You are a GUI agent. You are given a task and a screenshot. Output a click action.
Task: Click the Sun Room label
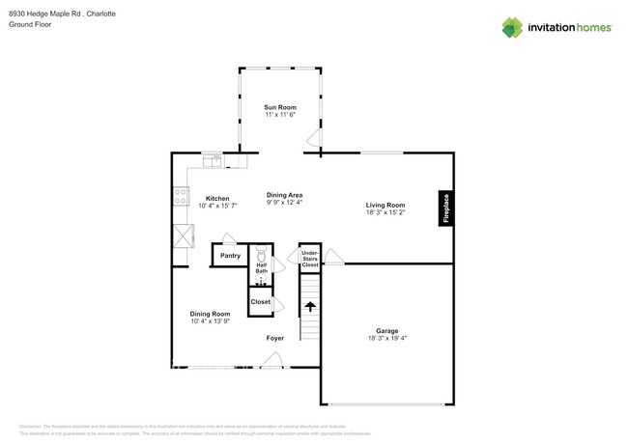click(x=280, y=107)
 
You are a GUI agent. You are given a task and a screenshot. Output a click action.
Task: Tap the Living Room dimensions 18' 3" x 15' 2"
click(x=385, y=212)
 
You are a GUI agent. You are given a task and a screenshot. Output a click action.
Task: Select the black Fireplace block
click(x=445, y=208)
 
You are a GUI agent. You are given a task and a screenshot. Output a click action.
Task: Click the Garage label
click(x=386, y=331)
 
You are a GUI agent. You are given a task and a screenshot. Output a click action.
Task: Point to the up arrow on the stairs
click(x=310, y=307)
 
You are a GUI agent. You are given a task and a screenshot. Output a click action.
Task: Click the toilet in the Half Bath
click(x=261, y=258)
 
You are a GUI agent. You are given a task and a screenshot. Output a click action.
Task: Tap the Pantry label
click(x=230, y=256)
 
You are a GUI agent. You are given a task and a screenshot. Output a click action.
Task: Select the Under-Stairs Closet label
click(x=309, y=258)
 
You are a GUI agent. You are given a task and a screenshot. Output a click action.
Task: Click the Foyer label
click(x=275, y=339)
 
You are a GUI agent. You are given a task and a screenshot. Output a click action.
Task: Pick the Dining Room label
click(x=210, y=314)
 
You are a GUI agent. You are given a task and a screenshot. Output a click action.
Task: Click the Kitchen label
click(x=217, y=199)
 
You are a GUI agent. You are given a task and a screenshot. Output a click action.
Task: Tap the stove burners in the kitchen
click(x=181, y=197)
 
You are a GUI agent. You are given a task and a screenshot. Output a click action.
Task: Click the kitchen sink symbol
click(x=212, y=159)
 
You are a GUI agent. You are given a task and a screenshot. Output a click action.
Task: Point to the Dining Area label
click(x=284, y=195)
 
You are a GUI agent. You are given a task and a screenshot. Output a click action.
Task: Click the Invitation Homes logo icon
click(x=512, y=28)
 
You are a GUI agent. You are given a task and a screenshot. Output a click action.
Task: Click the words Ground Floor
click(x=30, y=25)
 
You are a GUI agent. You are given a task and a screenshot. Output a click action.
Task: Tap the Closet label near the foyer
click(x=260, y=302)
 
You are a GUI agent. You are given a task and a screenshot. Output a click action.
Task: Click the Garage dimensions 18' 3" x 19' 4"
click(x=386, y=339)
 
